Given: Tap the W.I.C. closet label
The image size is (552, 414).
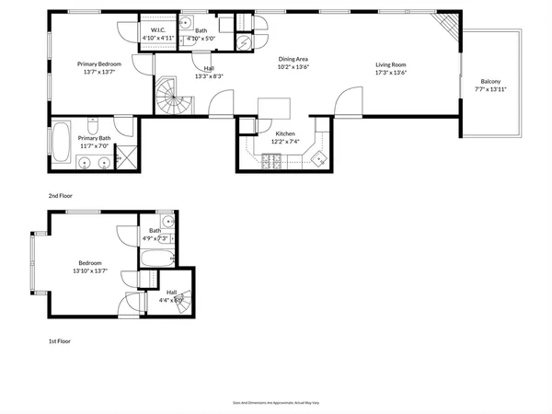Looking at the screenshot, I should coord(157,30).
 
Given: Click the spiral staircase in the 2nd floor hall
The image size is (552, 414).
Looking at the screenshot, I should coord(170,96).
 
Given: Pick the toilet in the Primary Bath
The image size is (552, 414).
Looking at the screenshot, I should coord(94,124).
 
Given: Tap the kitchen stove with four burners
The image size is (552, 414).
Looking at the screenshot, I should coord(273,162).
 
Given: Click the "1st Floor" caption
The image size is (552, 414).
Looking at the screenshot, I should coord(60,340).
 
